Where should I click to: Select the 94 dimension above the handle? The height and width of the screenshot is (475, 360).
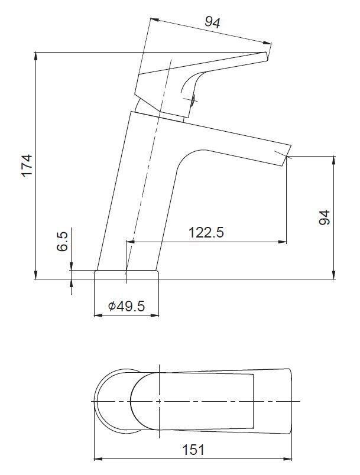coord(212,22)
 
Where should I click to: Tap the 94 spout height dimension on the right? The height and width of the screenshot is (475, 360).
coord(324,217)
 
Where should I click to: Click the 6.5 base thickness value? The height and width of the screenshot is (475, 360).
coord(63,242)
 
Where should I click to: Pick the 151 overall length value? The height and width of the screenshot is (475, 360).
coord(193,450)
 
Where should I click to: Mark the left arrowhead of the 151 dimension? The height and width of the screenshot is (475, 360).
coord(98,458)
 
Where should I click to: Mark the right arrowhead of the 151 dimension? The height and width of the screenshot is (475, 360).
coord(290,458)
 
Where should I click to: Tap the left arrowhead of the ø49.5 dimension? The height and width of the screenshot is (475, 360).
coord(96,315)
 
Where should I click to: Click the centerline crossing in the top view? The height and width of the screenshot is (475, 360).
coord(159,401)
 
